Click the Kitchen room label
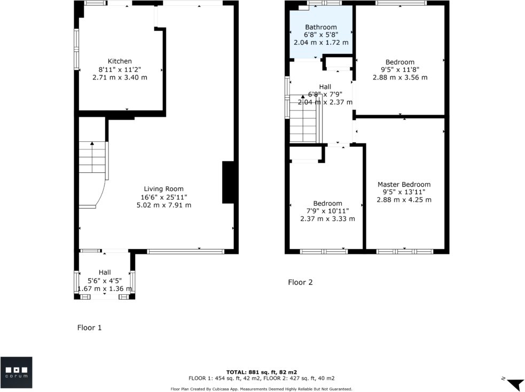120,61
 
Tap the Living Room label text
163,189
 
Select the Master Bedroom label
404,184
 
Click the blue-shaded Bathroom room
321,32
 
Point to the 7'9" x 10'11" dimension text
327,211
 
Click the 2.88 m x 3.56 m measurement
400,77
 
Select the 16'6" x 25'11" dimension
163,197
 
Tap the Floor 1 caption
89,328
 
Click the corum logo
16,372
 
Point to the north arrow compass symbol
515,383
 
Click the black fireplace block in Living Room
228,182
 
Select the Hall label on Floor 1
105,273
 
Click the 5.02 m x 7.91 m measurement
163,205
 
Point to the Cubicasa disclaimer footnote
261,389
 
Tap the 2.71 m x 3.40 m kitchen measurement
120,77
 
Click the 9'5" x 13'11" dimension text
404,192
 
